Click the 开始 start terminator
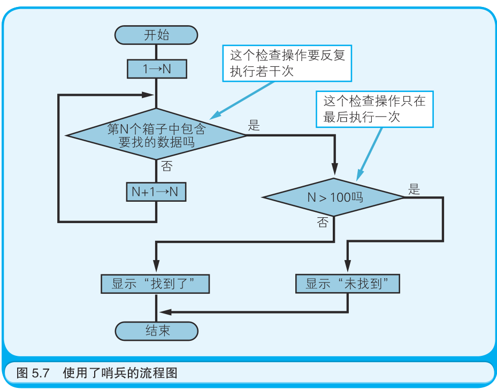(x=156, y=35)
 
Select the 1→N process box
(x=156, y=68)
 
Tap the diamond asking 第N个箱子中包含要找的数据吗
(x=156, y=135)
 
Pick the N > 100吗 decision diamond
(x=334, y=197)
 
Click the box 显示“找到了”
(x=155, y=284)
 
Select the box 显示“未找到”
(x=347, y=284)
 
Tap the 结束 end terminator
(x=156, y=330)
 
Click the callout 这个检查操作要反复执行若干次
(x=287, y=63)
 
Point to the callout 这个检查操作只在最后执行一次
(x=374, y=109)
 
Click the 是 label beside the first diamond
(x=254, y=126)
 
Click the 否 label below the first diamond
(x=166, y=166)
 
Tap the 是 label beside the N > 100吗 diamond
(x=414, y=189)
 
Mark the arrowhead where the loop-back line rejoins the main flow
(x=148, y=95)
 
